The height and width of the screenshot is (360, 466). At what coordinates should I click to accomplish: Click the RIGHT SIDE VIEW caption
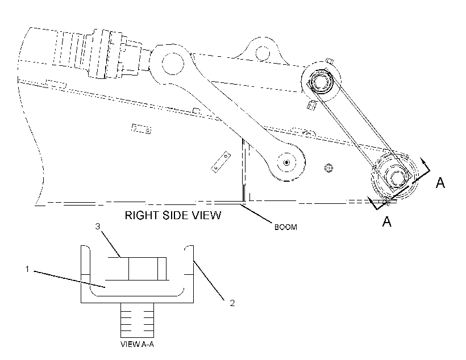coord(173,215)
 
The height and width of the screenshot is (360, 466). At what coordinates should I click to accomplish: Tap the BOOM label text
coord(285,227)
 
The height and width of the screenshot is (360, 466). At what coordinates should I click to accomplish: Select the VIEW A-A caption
coord(137,344)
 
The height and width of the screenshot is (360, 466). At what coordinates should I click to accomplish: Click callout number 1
coord(27,269)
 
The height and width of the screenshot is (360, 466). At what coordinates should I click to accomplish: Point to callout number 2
coord(232,303)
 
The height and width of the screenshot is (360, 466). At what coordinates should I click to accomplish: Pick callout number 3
coord(98,227)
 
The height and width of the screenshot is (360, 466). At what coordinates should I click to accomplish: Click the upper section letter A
coord(440,182)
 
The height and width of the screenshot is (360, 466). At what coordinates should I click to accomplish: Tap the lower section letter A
coord(386,221)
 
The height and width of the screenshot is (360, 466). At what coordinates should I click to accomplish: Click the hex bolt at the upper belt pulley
coord(320,81)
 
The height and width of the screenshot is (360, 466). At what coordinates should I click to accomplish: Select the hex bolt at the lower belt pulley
coord(395,178)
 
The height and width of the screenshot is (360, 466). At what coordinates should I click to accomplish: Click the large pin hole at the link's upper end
coord(173,63)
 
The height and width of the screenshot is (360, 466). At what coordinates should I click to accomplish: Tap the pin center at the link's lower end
coord(286,162)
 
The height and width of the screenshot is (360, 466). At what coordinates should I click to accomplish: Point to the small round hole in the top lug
coord(263,53)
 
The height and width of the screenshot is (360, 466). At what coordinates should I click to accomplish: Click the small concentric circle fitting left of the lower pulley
coord(328,168)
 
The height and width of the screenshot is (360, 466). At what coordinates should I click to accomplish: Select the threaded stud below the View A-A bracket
coord(137,320)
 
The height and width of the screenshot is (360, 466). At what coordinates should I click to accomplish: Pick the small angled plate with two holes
coord(221,162)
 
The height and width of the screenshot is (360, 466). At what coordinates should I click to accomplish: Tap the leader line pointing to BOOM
coord(257,212)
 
